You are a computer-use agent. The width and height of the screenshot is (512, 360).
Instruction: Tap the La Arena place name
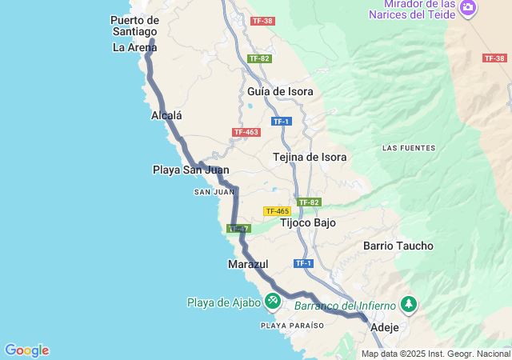pos(134,47)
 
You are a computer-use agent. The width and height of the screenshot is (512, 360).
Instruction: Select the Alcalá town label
pos(166,115)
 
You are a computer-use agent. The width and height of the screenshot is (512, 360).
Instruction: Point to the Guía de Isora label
pos(280,91)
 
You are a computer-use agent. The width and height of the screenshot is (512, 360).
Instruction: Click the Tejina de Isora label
pos(310,157)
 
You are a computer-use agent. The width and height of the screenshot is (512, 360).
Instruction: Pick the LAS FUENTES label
pos(409,148)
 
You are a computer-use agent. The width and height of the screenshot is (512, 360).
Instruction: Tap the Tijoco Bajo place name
pos(308,222)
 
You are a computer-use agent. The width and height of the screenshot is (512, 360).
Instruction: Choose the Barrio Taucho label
pos(398,246)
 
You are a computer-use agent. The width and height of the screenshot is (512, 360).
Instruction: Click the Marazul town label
pos(248,263)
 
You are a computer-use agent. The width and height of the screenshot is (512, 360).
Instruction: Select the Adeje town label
pos(384,327)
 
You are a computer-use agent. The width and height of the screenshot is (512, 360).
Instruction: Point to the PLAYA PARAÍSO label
pos(293,326)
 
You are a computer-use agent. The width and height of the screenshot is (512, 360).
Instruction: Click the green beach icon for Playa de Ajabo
pos(273,301)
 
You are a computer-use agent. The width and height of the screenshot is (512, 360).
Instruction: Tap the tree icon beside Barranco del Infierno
pos(409,304)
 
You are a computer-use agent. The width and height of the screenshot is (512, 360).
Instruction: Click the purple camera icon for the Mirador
pos(468,9)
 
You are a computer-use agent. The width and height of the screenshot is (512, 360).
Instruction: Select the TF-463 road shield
pos(246,132)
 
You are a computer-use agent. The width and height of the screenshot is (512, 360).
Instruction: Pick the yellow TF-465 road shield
pos(277,211)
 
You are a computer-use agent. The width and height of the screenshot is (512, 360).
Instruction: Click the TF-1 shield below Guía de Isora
pos(280,122)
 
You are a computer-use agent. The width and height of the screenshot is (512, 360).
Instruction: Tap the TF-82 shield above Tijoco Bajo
pos(309,202)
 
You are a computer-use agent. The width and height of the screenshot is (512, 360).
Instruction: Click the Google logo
pos(26,350)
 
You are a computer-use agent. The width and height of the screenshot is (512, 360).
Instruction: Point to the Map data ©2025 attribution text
pos(435,354)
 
